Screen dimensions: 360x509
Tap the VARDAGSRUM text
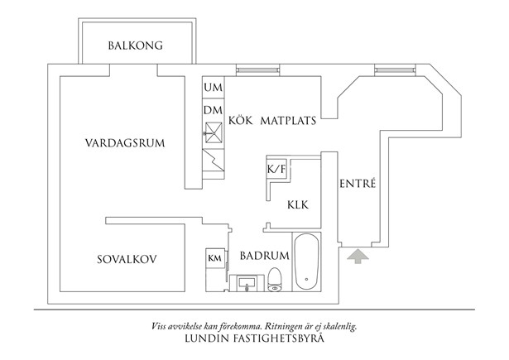(125, 142)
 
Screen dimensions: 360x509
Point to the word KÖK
(241, 120)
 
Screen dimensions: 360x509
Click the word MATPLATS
(289, 120)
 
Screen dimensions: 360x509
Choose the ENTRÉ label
(358, 184)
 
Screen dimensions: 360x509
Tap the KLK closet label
(299, 204)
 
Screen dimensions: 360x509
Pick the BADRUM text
(264, 256)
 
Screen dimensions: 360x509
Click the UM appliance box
(213, 88)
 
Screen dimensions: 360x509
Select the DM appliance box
(213, 111)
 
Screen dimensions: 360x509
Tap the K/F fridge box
(276, 169)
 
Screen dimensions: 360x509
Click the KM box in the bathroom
(214, 258)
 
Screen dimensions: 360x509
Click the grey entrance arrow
(356, 258)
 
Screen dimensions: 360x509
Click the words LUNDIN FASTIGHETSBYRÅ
(254, 339)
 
